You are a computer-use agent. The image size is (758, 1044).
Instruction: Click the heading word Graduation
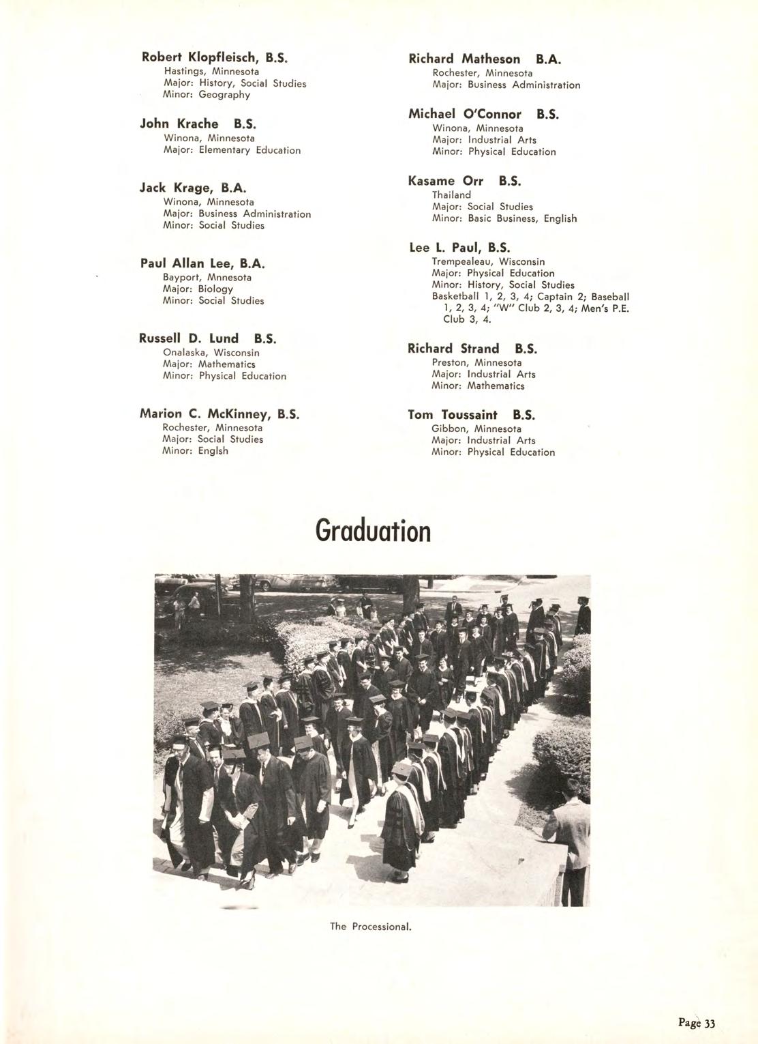373,532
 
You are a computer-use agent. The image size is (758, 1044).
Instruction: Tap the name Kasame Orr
446,181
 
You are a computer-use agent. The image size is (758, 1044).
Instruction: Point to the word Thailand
451,195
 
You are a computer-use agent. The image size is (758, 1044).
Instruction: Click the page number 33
710,1022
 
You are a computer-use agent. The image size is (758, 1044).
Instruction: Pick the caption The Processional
371,927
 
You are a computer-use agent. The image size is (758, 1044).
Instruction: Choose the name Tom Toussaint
452,415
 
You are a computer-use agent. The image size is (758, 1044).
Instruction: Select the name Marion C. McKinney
206,414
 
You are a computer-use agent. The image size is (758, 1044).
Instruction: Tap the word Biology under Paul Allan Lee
215,289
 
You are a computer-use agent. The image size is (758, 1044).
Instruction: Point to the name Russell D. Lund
189,338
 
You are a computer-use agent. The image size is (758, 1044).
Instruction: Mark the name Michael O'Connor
465,114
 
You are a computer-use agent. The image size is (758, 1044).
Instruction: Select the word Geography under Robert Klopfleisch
224,95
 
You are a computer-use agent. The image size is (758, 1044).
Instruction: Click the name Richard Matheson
464,59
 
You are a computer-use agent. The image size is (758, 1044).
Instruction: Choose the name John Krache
179,124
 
